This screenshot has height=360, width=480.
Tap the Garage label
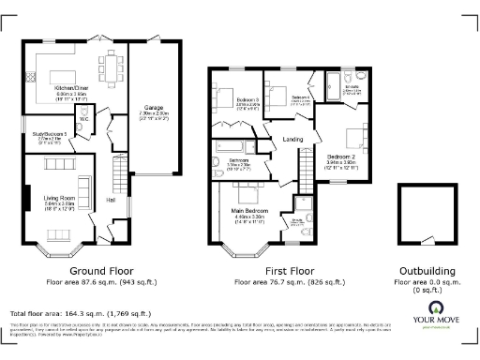click(x=154, y=108)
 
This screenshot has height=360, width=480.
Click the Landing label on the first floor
click(x=292, y=141)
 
